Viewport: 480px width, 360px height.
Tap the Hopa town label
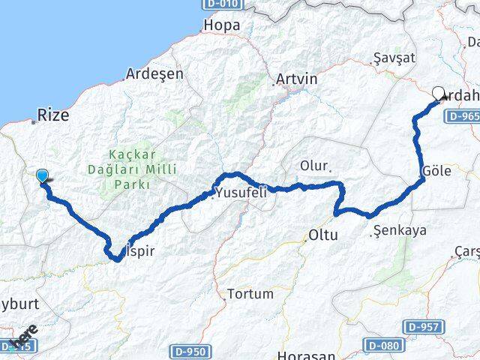point(222,25)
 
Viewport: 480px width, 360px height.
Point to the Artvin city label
point(297,79)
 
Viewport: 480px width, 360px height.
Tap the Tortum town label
point(250,293)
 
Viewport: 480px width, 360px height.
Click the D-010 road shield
point(223,5)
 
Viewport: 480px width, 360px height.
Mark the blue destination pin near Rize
point(43,177)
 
